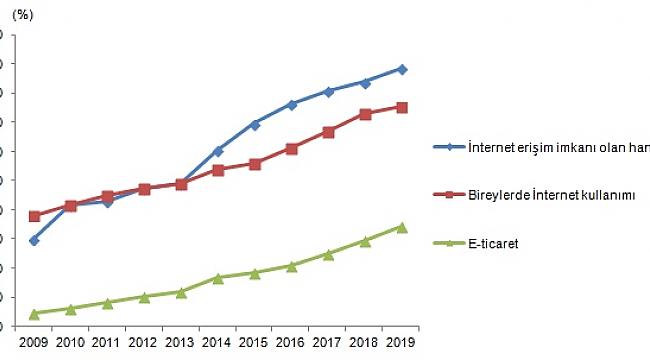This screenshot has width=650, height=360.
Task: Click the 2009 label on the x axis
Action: [x=34, y=343]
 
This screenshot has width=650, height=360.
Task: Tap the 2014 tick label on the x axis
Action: [x=218, y=343]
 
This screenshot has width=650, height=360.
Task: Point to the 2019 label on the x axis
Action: [x=401, y=343]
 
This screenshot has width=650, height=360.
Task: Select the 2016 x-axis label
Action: [x=291, y=343]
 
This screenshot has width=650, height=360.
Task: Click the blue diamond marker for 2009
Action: [x=34, y=240]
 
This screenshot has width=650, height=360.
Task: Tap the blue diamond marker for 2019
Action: [x=401, y=69]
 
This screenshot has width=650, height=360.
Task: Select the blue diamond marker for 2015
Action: [x=255, y=124]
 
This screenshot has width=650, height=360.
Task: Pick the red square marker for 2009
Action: [x=34, y=216]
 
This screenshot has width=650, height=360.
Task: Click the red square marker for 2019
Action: [x=401, y=107]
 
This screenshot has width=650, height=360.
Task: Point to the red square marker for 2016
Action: [x=291, y=148]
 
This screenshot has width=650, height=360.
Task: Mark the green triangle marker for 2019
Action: [x=401, y=227]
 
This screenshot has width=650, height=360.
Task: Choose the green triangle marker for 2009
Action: [x=34, y=313]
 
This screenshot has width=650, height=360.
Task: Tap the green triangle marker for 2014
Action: [x=218, y=277]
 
